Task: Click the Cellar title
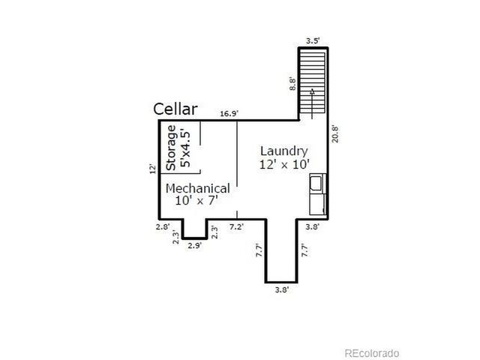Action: (175, 109)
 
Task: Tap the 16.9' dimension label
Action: (229, 114)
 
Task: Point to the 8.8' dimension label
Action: (292, 83)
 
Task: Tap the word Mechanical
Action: (197, 188)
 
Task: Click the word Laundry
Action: (284, 150)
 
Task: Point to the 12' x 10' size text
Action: (284, 163)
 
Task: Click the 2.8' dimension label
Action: (163, 226)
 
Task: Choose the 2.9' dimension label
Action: (194, 245)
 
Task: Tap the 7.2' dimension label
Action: (236, 226)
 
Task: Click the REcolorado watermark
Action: (371, 352)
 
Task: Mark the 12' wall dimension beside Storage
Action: (152, 169)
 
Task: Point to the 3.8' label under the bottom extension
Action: (280, 289)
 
